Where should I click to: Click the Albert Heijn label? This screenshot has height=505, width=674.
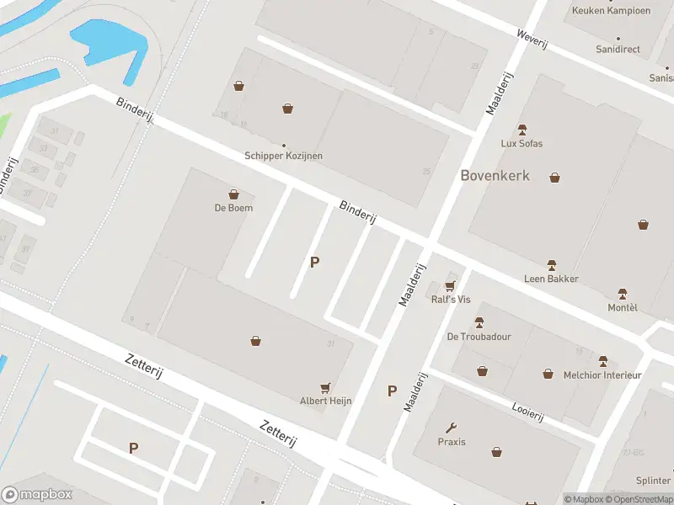(x=326, y=401)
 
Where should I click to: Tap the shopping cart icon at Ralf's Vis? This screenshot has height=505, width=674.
(x=450, y=286)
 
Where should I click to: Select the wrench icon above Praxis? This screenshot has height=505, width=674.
(x=452, y=428)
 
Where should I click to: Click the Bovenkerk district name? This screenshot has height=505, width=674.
(x=495, y=175)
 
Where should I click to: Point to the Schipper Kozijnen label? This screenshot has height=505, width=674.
(x=283, y=156)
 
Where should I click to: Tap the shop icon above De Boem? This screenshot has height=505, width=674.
(x=233, y=194)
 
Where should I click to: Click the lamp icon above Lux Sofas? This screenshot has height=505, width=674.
(x=522, y=130)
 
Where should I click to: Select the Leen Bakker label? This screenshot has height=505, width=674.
(x=551, y=279)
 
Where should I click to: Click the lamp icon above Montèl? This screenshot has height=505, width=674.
(x=623, y=294)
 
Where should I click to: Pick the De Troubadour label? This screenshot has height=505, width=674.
(x=479, y=337)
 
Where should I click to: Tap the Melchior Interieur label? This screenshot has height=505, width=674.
(x=602, y=375)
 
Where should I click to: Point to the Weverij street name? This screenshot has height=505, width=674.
(x=532, y=38)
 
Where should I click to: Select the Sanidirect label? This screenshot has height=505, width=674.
(x=618, y=50)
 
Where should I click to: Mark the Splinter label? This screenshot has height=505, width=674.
(x=653, y=481)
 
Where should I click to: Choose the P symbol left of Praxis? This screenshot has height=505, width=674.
(x=392, y=391)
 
